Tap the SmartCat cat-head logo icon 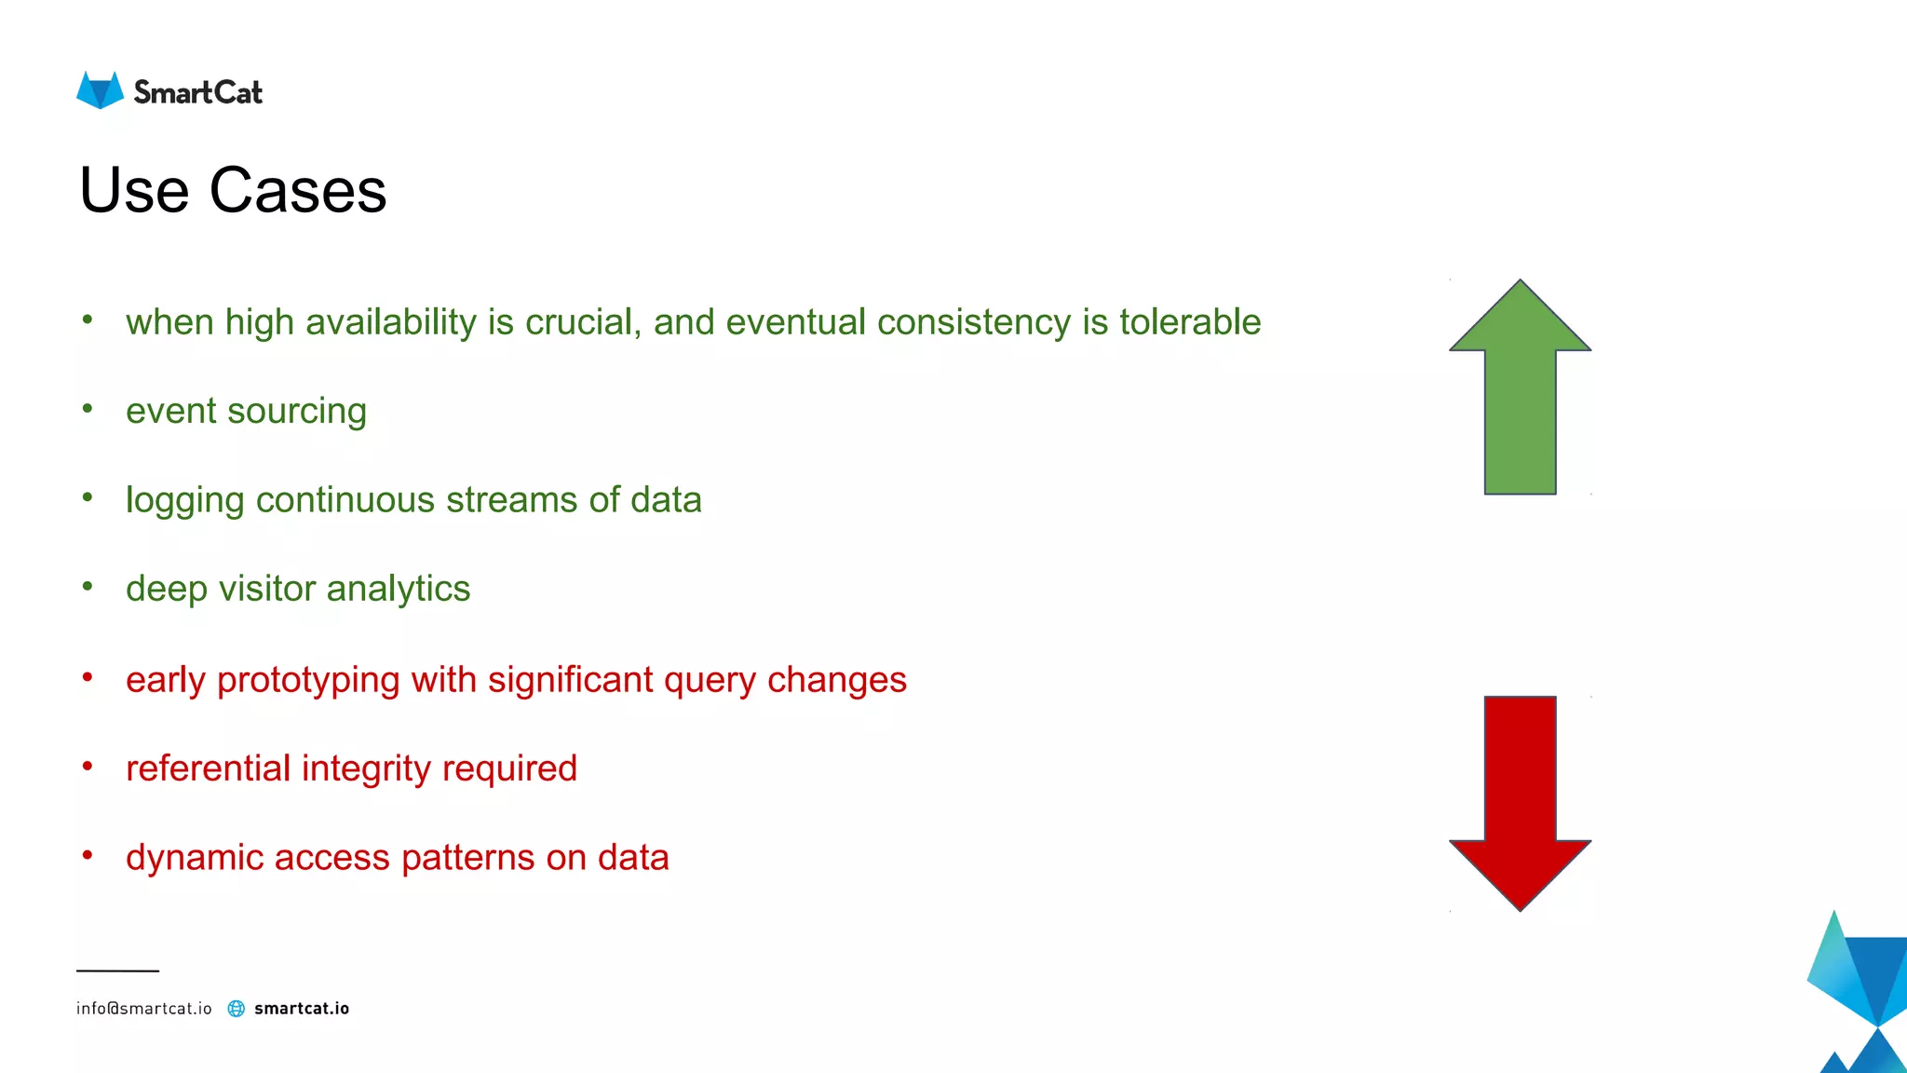pyautogui.click(x=100, y=90)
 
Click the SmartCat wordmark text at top pyautogui.click(x=197, y=92)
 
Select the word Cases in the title pyautogui.click(x=297, y=191)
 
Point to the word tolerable pyautogui.click(x=1189, y=322)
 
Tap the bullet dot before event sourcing pyautogui.click(x=88, y=408)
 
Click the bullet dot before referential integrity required pyautogui.click(x=88, y=766)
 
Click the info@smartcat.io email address pyautogui.click(x=143, y=1009)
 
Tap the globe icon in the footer pyautogui.click(x=237, y=1009)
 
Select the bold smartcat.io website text pyautogui.click(x=302, y=1009)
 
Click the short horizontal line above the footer pyautogui.click(x=117, y=971)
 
